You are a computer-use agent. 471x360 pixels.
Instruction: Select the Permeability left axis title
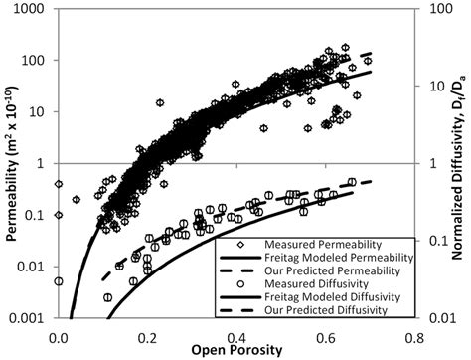pos(10,163)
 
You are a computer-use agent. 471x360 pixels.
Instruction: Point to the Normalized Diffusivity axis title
pos(461,163)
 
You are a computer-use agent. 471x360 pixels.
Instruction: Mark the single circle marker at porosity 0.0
pos(59,281)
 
